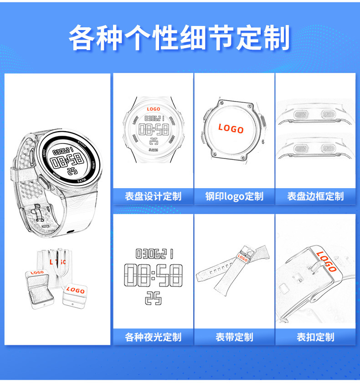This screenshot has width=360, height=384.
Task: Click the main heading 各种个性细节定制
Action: click(180, 37)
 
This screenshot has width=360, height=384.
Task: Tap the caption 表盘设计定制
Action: click(153, 197)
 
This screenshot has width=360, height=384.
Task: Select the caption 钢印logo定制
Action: click(234, 197)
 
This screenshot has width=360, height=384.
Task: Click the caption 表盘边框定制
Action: click(315, 197)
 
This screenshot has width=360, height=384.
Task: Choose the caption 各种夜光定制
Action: click(153, 338)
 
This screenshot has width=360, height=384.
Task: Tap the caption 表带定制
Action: click(234, 338)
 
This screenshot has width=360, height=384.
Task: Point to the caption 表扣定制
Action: click(315, 338)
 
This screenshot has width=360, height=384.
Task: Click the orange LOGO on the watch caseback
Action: click(231, 129)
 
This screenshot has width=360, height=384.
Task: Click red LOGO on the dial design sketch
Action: click(154, 109)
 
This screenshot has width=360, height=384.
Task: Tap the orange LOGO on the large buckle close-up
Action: click(327, 261)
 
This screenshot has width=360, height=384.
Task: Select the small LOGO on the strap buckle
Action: click(242, 258)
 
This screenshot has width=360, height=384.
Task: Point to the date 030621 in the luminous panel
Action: click(154, 253)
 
